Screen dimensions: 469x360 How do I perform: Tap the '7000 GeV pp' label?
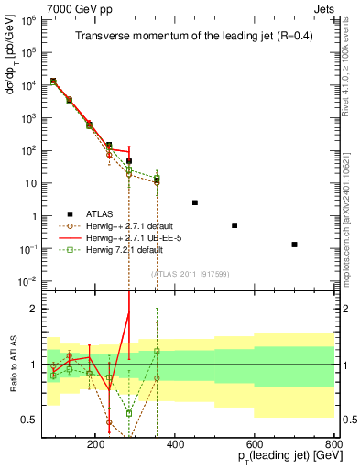pos(76,7)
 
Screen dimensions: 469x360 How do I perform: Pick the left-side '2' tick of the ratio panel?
pos(34,309)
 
